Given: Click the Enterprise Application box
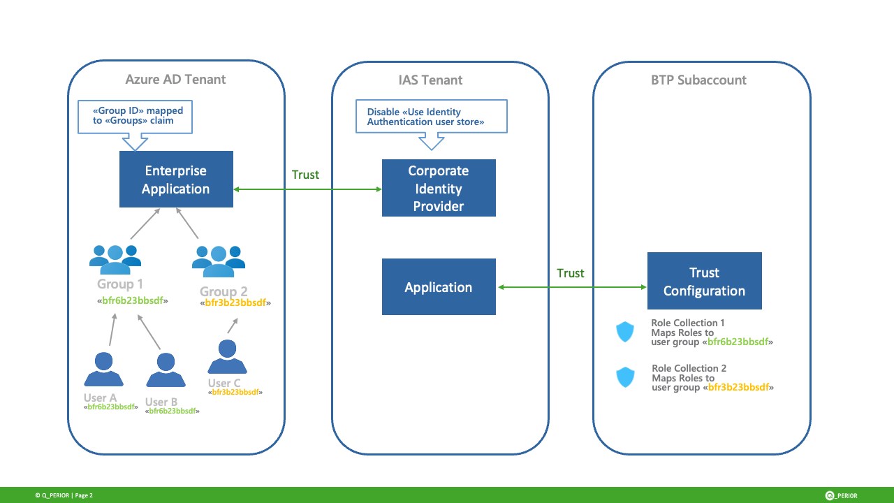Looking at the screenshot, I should coord(176,180).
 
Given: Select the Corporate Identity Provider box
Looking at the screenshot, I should coord(439,188).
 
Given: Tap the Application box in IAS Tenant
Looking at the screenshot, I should coord(439,287).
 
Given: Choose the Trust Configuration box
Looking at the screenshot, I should coord(704,282).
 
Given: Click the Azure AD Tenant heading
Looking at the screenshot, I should coord(175,79).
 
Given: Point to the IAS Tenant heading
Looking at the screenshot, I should coord(425,80).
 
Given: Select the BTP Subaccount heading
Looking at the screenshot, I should coord(698,80).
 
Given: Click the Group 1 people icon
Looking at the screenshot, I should coord(115,260).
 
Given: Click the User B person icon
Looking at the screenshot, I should coord(166,370).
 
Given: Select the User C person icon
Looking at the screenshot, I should coord(227,356).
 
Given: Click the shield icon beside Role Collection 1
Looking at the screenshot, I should coord(625,333).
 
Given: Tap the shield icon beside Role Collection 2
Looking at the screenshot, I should coord(625,378).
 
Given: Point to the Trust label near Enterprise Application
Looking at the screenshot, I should coord(305,175).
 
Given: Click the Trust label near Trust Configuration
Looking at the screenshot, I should coord(571,273).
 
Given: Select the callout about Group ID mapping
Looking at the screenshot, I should coord(134,117).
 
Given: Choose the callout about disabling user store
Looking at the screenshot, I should coord(431,117).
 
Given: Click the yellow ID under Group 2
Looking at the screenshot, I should coord(235,303).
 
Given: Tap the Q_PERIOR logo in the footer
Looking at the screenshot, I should coord(841,495).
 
